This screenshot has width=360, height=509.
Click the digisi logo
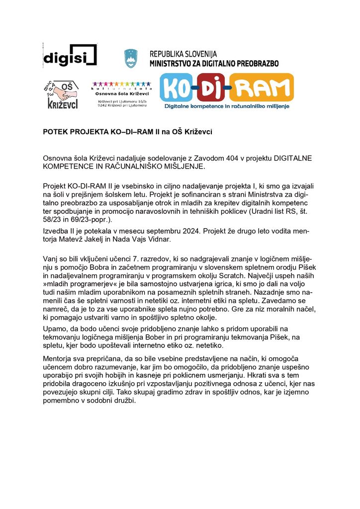[70, 55]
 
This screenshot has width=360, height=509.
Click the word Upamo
[56, 329]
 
